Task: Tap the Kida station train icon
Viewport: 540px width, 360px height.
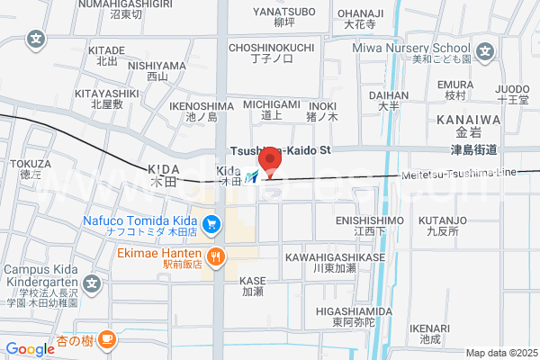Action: point(255,177)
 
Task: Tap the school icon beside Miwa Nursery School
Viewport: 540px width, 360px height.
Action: point(485,51)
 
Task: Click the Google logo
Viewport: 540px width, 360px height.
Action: point(30,349)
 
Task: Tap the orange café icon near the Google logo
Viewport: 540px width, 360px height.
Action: point(107,339)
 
